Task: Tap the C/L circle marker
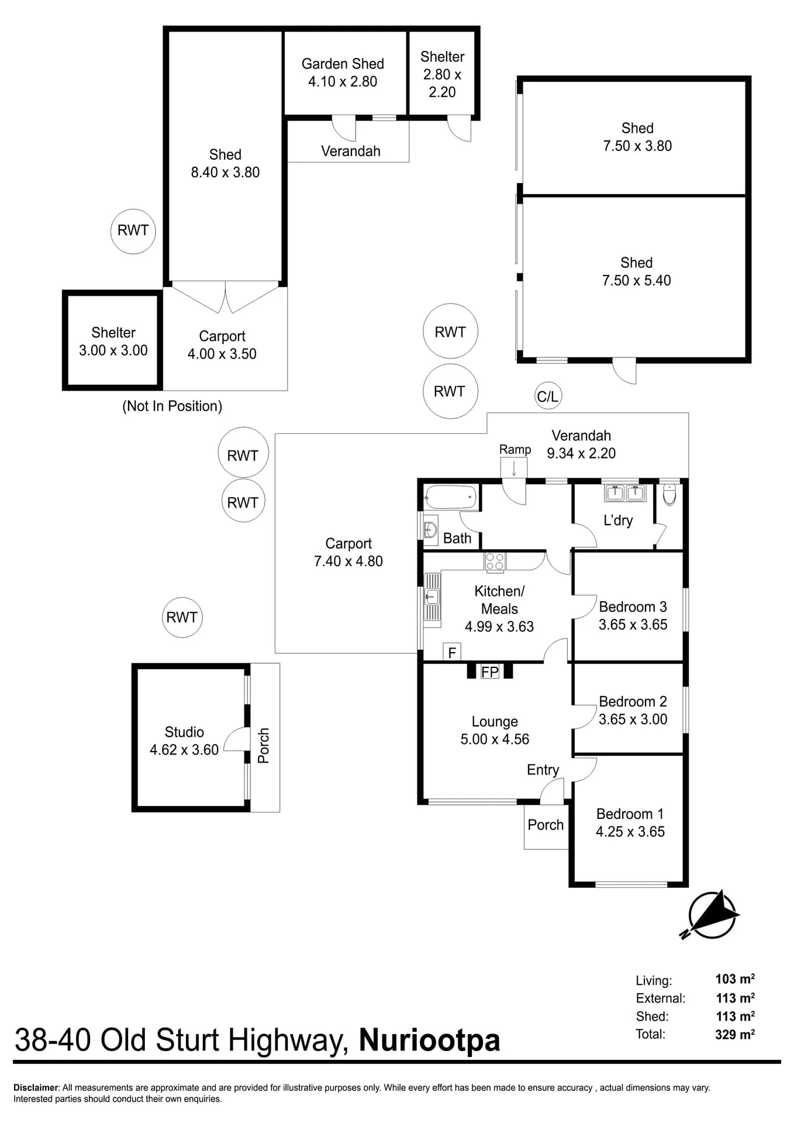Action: (547, 397)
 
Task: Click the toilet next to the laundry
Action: (669, 494)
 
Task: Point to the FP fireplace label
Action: (490, 672)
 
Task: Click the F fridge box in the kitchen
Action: (452, 652)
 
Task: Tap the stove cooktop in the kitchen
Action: (495, 561)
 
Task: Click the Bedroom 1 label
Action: (630, 822)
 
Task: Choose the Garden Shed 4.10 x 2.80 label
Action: (343, 73)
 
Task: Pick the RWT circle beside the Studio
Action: (182, 617)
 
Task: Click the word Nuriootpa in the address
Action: (429, 1041)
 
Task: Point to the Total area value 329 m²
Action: (735, 1034)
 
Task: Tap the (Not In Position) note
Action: (172, 406)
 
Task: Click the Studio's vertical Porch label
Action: (264, 745)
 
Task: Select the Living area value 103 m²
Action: (735, 979)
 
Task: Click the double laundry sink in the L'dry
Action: (624, 492)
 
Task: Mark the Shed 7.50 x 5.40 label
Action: (637, 271)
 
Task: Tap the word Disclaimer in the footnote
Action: (36, 1088)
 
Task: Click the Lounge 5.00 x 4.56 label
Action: (495, 731)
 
